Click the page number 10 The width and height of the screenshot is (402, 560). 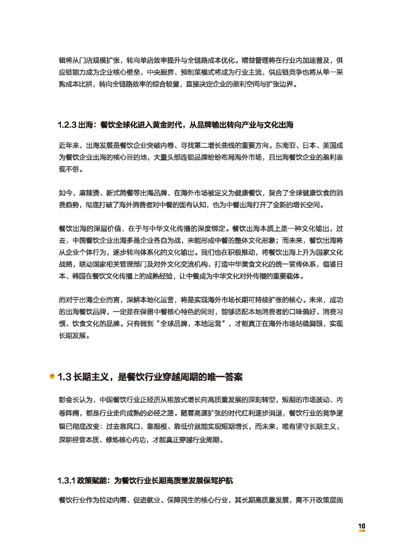coord(361,526)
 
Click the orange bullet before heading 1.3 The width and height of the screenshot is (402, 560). coord(52,376)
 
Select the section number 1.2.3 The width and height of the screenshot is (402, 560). coord(67,125)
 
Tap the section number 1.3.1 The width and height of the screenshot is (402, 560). coord(66,481)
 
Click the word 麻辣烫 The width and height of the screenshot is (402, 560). coord(89,193)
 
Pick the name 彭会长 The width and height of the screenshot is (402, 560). coord(69,400)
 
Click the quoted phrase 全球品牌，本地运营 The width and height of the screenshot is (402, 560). coord(191,324)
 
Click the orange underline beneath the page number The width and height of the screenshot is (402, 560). coord(361,531)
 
